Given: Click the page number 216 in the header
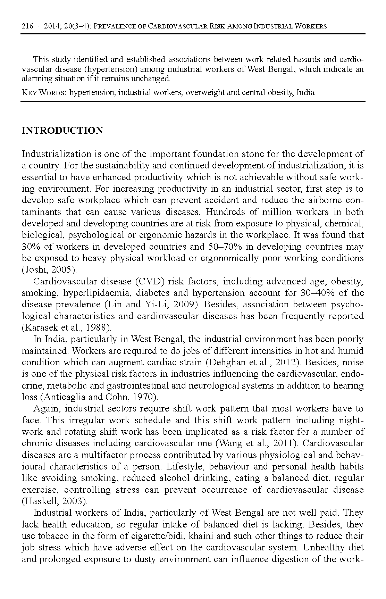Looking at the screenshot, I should (27, 26).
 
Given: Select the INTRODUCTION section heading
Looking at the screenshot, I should (62, 131).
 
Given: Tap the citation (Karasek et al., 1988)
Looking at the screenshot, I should (67, 327).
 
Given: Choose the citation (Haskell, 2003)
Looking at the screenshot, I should (55, 501).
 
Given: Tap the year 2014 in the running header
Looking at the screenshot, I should (52, 26).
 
